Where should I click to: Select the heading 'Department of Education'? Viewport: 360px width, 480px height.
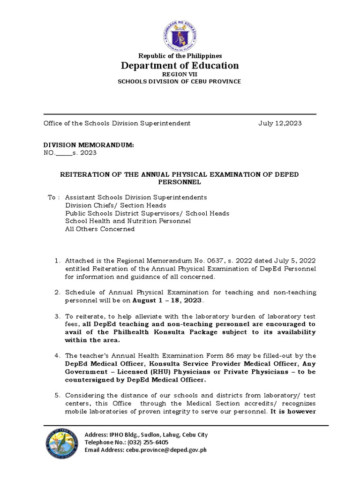point(180,66)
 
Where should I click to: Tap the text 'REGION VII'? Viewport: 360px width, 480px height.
point(180,74)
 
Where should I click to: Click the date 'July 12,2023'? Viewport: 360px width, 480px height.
point(280,123)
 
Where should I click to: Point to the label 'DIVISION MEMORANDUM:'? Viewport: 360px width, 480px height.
point(89,145)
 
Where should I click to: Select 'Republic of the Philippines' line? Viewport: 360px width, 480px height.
point(180,56)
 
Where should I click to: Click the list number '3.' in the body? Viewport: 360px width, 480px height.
point(58,316)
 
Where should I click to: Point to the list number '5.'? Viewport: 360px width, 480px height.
point(58,395)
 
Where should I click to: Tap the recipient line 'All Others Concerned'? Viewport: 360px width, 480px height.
point(100,229)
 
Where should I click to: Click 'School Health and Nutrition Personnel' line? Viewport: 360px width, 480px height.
point(127,221)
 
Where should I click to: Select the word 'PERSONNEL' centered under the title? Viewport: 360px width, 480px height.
point(180,181)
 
